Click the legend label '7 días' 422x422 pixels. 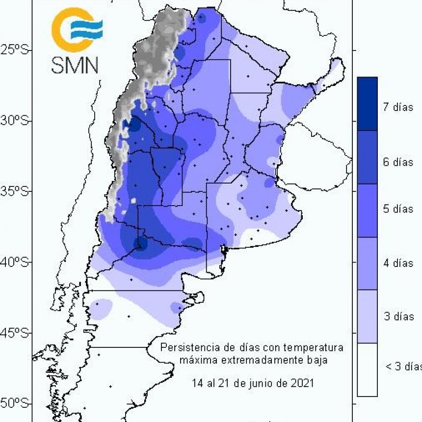pos(398,107)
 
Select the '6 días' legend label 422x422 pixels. pos(398,162)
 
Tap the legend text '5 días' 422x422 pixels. pos(398,210)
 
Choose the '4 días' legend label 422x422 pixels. pos(398,264)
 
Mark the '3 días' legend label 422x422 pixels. pos(398,316)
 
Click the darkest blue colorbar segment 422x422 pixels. pos(367,104)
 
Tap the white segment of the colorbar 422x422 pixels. pos(367,369)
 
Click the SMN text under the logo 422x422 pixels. pos(75,65)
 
